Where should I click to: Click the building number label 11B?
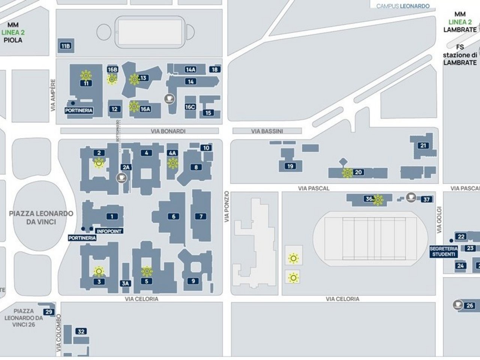point(65,46)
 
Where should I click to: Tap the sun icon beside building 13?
point(134,79)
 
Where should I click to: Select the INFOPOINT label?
point(109,231)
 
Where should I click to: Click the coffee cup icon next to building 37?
point(411,196)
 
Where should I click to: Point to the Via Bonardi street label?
point(168,131)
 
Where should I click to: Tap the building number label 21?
point(423,145)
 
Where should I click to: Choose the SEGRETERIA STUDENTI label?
point(444,251)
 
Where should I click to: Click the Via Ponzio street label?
point(226,207)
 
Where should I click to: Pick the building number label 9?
point(193,281)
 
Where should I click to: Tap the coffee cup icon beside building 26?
point(457,304)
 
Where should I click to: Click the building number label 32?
point(81,331)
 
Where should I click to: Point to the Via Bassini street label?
point(267,131)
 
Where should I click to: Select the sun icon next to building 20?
point(347,172)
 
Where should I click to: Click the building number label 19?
point(290,166)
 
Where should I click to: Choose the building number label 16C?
point(190,107)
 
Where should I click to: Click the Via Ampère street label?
point(53,95)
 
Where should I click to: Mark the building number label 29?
point(49,312)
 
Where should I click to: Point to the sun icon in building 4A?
point(172,163)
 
